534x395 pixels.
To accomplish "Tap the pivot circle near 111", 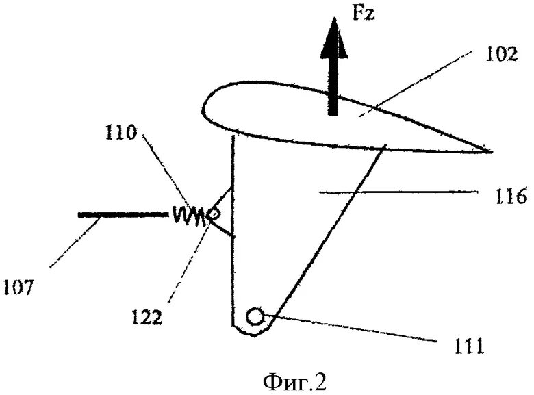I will (256, 317).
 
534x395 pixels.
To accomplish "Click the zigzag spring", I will (189, 216).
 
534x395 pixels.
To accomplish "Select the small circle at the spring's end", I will (214, 215).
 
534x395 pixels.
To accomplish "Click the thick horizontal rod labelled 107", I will (123, 216).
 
